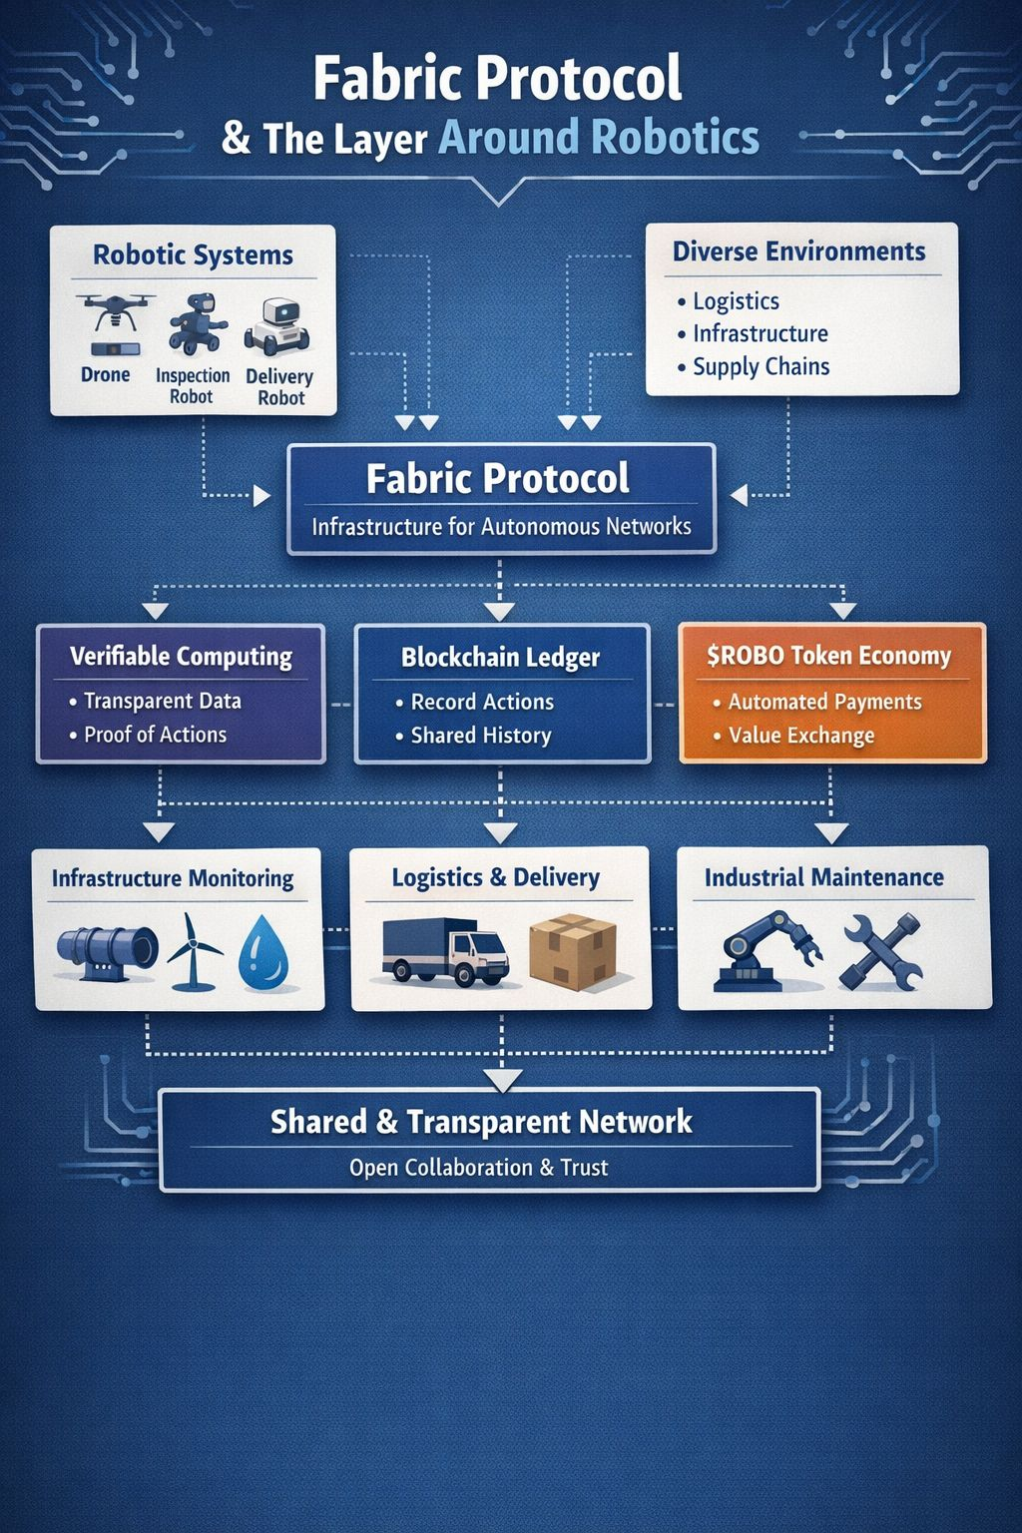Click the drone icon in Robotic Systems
tap(115, 314)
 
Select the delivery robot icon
tap(276, 327)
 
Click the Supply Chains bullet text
tap(761, 367)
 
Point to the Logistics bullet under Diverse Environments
tap(736, 301)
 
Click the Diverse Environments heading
tap(798, 252)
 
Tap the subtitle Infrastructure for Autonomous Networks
tap(501, 526)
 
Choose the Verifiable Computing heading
tap(181, 657)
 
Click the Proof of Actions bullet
tap(155, 735)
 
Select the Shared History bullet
tap(480, 736)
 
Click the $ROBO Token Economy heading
tap(828, 656)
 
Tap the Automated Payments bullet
tap(824, 702)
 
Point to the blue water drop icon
tap(263, 950)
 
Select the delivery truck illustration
tap(445, 951)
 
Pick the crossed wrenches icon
tap(880, 951)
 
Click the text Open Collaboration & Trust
tap(478, 1167)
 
